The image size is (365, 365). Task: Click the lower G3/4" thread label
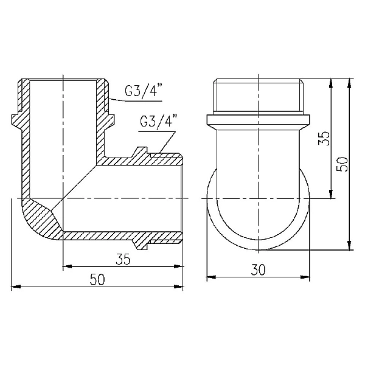pos(157,120)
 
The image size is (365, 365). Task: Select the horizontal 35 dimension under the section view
pos(123,259)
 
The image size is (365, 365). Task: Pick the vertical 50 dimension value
pos(342,163)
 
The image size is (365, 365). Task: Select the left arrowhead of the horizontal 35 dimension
pos(67,266)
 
